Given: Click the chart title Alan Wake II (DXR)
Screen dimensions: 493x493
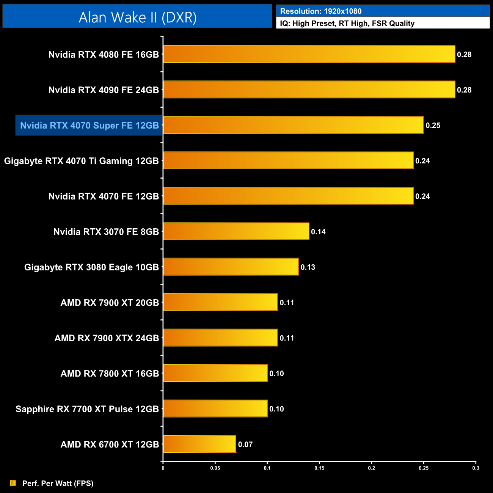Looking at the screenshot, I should [137, 17].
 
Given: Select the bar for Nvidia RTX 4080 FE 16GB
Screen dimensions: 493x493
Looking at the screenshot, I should [309, 54].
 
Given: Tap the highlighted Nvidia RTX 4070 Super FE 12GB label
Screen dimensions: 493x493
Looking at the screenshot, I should [89, 126].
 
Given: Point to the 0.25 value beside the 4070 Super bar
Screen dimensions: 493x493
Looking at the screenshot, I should [433, 126].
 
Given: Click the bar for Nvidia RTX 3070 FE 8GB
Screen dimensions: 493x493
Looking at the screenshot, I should [236, 231].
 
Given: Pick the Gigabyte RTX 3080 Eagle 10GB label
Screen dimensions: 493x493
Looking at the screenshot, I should [91, 267].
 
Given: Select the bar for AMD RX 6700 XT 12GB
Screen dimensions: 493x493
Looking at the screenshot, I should [199, 444].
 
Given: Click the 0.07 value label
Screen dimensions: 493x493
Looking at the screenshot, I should [245, 444].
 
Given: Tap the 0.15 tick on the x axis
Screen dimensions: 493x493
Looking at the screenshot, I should [319, 468].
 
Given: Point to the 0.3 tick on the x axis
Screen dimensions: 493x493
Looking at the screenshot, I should [476, 468].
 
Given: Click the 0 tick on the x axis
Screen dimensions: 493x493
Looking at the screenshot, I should [163, 468].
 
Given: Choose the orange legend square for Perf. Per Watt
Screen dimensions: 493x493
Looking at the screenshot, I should [13, 483].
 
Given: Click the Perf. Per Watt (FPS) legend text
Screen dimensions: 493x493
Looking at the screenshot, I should [58, 483].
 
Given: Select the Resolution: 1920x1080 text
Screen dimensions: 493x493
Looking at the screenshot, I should [320, 11].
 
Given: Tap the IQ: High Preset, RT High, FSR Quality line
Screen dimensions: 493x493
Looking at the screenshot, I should [347, 24].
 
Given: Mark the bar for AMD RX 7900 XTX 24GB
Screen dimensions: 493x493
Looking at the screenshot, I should [220, 338].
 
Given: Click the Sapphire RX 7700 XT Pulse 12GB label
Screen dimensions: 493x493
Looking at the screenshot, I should [87, 409].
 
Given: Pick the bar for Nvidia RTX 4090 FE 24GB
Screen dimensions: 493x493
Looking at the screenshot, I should [309, 89].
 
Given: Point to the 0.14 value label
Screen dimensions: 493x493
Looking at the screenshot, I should [318, 232].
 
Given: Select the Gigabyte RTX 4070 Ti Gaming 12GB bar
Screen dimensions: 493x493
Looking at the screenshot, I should [288, 160].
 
